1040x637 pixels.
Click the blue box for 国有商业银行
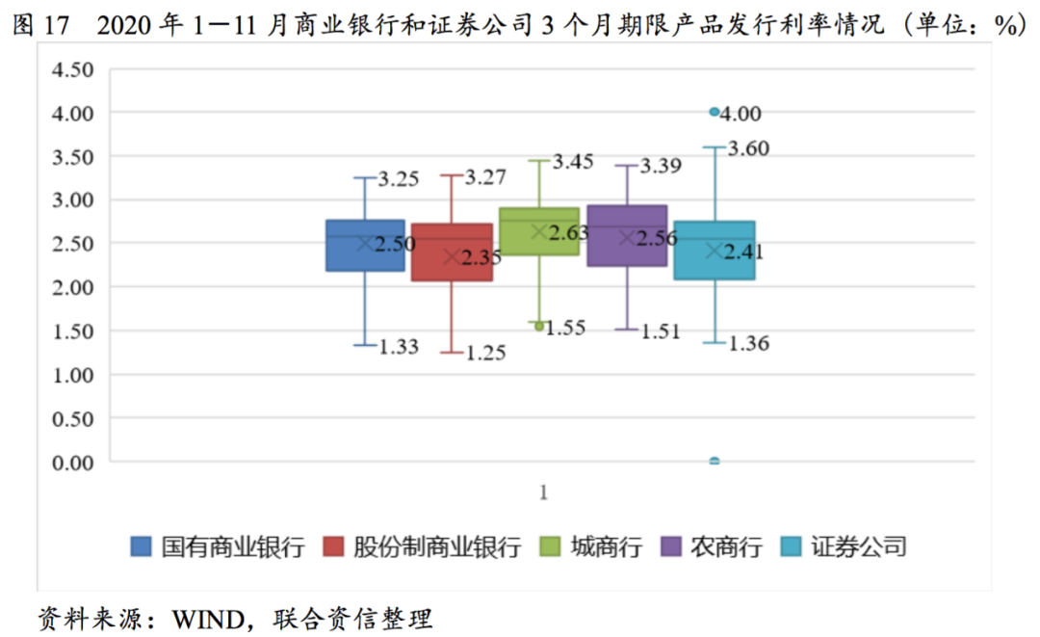click(x=365, y=245)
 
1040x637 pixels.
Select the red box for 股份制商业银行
click(x=452, y=252)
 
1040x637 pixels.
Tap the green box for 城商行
click(x=539, y=230)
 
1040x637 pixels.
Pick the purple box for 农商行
click(x=627, y=235)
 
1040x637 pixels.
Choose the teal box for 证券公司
click(x=715, y=250)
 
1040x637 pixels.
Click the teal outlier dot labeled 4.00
click(x=715, y=112)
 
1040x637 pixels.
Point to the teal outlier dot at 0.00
click(x=715, y=462)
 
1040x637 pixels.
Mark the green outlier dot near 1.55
click(x=539, y=327)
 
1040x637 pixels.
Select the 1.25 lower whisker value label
click(x=486, y=354)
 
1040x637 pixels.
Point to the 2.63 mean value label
click(x=569, y=232)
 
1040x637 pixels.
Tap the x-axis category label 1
click(x=543, y=492)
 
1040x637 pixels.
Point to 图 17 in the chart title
click(x=42, y=26)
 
